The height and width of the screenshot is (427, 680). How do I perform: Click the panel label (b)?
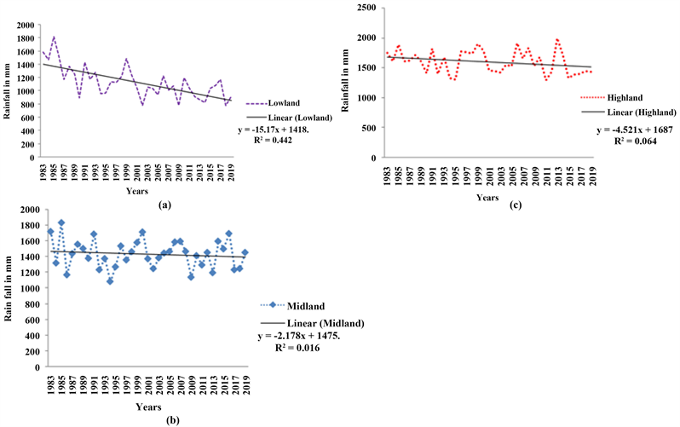144,418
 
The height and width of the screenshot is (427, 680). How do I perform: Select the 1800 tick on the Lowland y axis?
27,38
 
